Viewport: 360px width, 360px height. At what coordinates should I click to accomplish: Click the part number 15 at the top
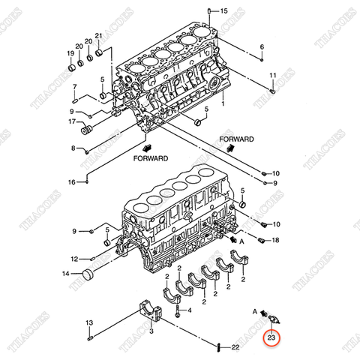point(223,10)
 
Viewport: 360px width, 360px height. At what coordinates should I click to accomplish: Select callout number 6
point(262,47)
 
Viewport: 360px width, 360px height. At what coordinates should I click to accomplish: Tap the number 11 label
point(273,76)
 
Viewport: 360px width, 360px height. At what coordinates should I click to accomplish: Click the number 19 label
point(70,53)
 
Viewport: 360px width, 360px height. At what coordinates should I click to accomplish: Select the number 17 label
point(73,122)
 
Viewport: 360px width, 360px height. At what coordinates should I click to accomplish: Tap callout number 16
point(72,182)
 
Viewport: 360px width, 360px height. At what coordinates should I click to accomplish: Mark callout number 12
point(73,259)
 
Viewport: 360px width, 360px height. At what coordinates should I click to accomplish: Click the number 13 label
point(88,322)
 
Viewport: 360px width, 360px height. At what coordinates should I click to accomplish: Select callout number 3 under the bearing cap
point(151,331)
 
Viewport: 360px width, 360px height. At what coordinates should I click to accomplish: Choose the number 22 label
point(235,347)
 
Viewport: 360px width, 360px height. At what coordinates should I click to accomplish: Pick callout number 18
point(275,240)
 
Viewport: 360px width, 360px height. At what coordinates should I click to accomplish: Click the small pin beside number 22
point(217,347)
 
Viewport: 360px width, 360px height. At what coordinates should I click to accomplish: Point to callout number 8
point(73,148)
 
